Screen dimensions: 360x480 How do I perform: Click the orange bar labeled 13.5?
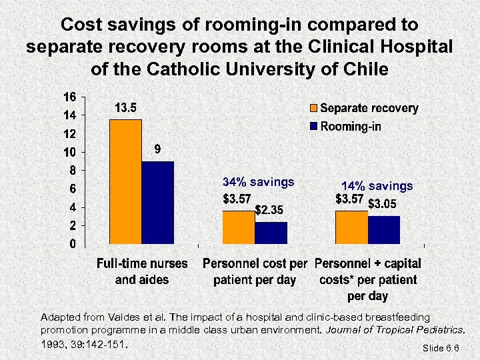(125, 181)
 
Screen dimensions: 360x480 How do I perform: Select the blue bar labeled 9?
(157, 203)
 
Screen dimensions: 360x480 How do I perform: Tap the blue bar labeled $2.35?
(271, 233)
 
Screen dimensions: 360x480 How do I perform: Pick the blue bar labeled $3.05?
(384, 230)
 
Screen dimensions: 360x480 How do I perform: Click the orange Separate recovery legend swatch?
(313, 108)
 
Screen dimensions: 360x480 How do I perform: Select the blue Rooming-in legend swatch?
(313, 127)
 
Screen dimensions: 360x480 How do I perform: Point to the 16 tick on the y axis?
(69, 97)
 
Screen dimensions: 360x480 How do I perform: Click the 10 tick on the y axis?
(69, 152)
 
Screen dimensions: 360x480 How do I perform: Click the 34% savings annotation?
(258, 182)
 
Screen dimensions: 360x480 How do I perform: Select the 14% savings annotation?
(377, 186)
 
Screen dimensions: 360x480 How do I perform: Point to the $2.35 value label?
(271, 210)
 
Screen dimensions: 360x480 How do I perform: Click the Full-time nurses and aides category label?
(142, 271)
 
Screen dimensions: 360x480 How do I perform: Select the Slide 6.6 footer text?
(441, 348)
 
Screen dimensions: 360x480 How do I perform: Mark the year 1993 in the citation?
(54, 345)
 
